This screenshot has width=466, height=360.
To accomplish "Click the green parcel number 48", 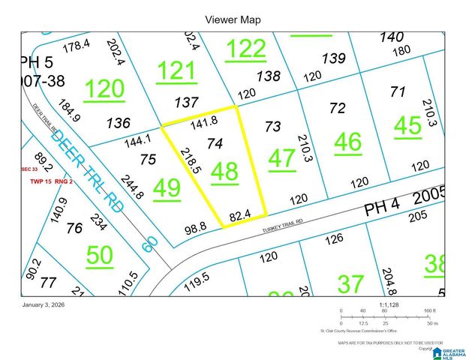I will point(224,172).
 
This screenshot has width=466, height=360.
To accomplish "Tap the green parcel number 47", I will point(281,158).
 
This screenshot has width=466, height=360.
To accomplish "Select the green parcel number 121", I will point(176,72).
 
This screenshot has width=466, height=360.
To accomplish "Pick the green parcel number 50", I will point(99,256).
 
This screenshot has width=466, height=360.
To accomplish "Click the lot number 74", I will point(215,142).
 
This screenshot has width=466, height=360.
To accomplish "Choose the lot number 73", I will point(273,126).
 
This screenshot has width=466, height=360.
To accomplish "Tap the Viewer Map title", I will point(233,19).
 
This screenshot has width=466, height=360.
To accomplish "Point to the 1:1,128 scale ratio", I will point(389,304).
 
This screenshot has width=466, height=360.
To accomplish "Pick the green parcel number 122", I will point(246,49).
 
